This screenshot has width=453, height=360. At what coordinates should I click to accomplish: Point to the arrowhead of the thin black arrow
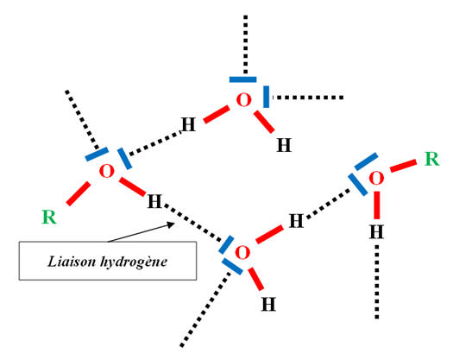coord(172,224)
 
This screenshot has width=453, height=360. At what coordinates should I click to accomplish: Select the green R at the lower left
coord(49,217)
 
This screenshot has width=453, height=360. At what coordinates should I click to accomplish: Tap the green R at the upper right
coord(432,159)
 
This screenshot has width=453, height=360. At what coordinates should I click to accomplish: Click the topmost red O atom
coord(243,100)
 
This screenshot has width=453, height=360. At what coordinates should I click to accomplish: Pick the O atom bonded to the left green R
coord(107,171)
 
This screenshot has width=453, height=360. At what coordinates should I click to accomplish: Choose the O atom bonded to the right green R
coord(376,178)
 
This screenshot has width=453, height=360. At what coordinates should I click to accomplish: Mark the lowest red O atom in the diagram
coord(242,252)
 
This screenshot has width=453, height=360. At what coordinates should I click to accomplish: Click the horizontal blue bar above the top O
coord(243,79)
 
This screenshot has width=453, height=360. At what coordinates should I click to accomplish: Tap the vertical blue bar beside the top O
coord(266,97)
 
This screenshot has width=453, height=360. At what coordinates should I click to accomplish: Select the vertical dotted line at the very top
coord(246,44)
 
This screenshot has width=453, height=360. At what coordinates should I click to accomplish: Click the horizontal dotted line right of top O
coord(308,98)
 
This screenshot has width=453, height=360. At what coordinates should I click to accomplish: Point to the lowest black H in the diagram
coord(268,304)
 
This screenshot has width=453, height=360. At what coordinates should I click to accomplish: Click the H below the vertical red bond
coord(376,232)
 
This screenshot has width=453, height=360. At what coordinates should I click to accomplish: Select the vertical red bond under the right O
coord(377,205)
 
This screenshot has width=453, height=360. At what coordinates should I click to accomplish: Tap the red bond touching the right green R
coord(404,166)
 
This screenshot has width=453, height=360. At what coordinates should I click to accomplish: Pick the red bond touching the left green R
coord(79,193)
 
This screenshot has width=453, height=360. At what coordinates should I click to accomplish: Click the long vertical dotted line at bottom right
coord(377,282)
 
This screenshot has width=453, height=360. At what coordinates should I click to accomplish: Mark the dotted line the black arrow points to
coord(193,223)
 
